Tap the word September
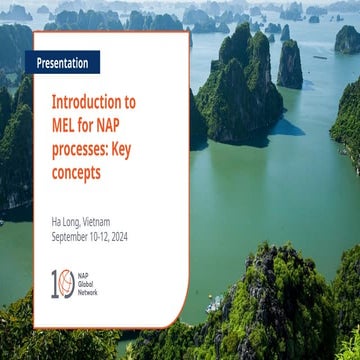[x=74, y=236]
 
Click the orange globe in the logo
[x=65, y=284]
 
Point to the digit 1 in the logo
[x=54, y=284]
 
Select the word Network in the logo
[x=89, y=293]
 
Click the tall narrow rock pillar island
[x=290, y=62]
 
